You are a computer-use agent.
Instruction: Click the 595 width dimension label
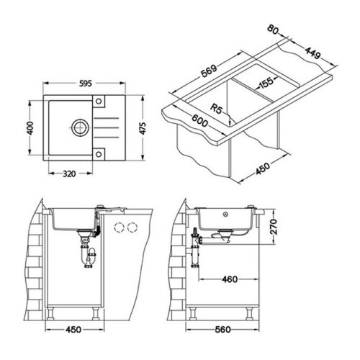[x=86, y=84]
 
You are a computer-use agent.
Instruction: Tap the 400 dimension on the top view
[x=31, y=128]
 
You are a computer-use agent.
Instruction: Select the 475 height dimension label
[x=143, y=128]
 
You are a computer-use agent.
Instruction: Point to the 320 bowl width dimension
[x=69, y=174]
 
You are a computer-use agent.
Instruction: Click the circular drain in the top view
[x=79, y=127]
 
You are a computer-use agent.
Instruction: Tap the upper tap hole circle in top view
[x=99, y=101]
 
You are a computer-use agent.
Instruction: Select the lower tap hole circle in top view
[x=99, y=154]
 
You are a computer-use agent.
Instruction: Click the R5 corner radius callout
[x=216, y=109]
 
